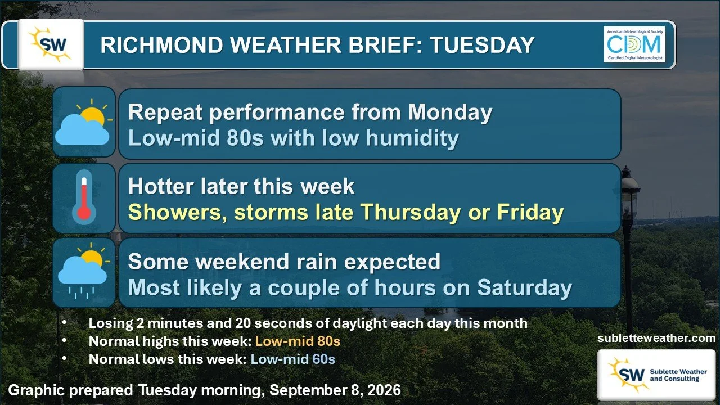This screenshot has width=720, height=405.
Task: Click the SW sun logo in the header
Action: tap(51, 44)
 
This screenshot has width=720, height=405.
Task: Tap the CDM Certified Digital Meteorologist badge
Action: tap(634, 44)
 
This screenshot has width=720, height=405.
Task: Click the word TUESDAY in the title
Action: tap(482, 44)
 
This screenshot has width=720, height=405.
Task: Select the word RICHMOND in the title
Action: tap(161, 44)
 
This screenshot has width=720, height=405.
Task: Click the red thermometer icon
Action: tap(84, 197)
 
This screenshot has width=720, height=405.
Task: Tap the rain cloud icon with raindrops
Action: tap(84, 271)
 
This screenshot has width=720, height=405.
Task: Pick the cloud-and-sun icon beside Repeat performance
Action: tap(84, 122)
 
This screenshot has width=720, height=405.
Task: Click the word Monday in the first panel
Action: tap(451, 113)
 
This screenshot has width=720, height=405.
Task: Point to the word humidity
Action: tap(412, 138)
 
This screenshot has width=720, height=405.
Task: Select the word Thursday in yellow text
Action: tap(411, 213)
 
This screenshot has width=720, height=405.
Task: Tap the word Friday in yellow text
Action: tap(530, 212)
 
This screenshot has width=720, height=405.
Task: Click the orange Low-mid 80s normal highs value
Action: tap(298, 341)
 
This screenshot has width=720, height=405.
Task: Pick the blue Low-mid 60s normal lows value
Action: tap(293, 359)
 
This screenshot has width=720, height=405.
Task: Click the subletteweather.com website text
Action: tap(656, 338)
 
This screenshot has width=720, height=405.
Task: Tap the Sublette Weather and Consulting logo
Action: tap(656, 375)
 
